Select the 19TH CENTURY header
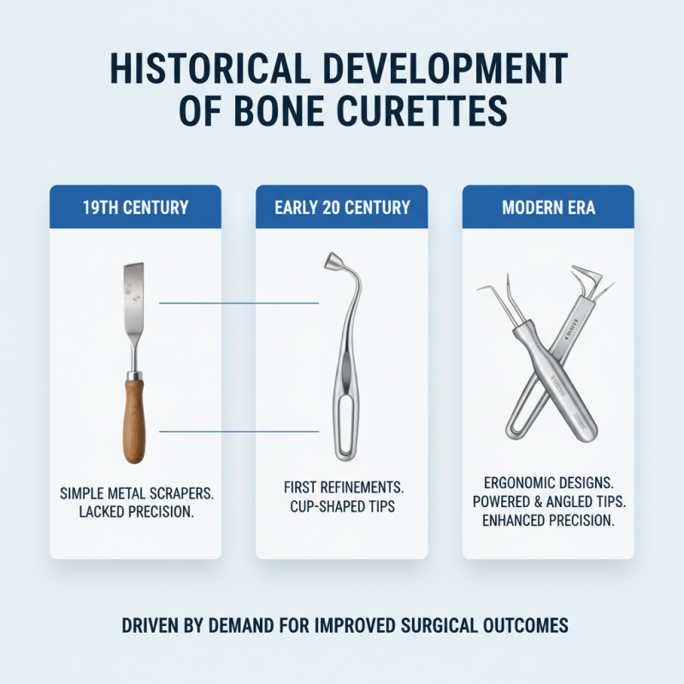point(135,208)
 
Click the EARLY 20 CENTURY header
point(342,208)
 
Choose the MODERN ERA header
point(548,208)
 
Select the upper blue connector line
point(239,303)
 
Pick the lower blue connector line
point(239,431)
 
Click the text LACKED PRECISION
point(135,514)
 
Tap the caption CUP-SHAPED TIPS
point(342,506)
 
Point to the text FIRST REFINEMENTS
point(342,486)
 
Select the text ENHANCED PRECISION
point(548,522)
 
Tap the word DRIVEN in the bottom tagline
point(148,626)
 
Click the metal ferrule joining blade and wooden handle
point(133,374)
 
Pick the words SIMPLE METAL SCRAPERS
point(135,494)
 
